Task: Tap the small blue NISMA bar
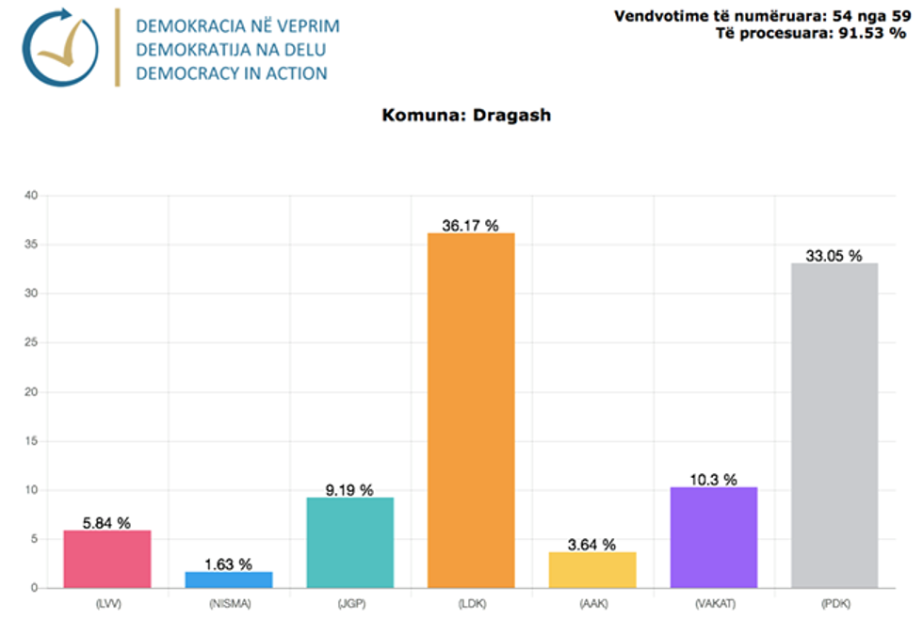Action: coord(229,579)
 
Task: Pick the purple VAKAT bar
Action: coord(713,537)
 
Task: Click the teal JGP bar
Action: coord(349,543)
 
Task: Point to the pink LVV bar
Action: coord(107,559)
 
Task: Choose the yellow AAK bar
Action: coord(592,570)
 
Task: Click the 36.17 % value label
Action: coord(471,225)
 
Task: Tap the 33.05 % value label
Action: coord(834,255)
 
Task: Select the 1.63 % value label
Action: coord(229,564)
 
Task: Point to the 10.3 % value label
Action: coord(713,480)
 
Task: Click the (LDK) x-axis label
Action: coord(471,604)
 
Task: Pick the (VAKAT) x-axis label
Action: coord(713,604)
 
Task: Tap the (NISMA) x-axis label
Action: coord(229,604)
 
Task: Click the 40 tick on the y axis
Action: coord(30,196)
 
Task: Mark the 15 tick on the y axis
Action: coord(30,441)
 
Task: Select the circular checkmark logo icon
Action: coord(59,48)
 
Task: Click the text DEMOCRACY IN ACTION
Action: coord(232,73)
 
